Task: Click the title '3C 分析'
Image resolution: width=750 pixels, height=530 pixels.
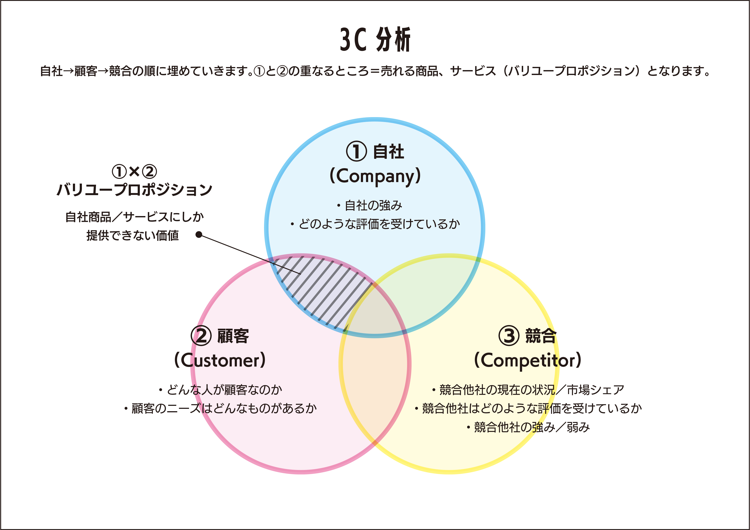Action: (375, 40)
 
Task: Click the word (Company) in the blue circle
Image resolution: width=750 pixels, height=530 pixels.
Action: (375, 176)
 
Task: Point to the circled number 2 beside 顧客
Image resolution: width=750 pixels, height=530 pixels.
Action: (201, 336)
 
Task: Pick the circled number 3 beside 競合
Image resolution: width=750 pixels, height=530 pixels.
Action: (509, 336)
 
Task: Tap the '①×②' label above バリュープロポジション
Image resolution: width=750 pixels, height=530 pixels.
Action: (134, 171)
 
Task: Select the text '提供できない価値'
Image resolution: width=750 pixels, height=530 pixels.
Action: (133, 236)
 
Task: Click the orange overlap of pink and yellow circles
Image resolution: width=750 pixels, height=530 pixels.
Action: (375, 385)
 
